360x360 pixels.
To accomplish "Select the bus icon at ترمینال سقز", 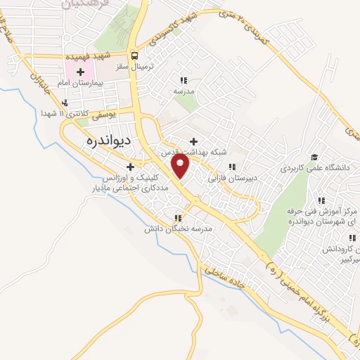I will tap(134, 56).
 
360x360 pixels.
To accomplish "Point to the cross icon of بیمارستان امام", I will tap(80, 72).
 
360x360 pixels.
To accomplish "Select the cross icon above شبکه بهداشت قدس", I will tap(193, 141).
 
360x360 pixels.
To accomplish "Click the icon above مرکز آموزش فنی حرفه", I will tap(323, 200).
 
